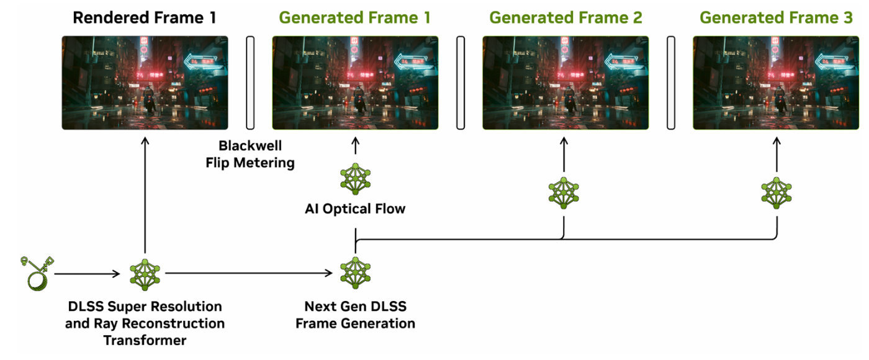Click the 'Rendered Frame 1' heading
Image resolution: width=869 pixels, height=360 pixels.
(x=145, y=17)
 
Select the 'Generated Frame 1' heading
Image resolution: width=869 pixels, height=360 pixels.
(x=354, y=17)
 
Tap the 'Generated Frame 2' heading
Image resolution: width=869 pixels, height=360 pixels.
(x=565, y=17)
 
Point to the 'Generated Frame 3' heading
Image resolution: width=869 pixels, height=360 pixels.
(x=776, y=17)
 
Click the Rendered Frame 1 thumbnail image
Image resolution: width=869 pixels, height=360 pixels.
(x=145, y=83)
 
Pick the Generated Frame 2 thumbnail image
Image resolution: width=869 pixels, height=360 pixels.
(x=565, y=83)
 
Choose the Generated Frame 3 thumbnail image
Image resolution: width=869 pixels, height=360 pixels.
(x=776, y=83)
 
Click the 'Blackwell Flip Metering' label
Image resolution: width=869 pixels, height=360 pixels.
(x=250, y=155)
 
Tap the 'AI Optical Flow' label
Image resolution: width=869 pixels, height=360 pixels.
(x=354, y=209)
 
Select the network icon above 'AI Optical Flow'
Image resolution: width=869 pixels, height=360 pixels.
(x=354, y=179)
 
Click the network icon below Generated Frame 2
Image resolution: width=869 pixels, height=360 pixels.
(x=564, y=192)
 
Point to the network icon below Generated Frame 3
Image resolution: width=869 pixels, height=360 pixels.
(x=776, y=192)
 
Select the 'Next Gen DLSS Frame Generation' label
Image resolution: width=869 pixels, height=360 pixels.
(x=354, y=315)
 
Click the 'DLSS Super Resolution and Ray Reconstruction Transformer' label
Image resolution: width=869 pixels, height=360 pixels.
(x=145, y=323)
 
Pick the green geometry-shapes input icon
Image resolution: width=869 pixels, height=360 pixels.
(x=35, y=274)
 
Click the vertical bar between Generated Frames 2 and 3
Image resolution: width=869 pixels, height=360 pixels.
(x=671, y=83)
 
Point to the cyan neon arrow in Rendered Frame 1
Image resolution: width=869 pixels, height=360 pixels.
(x=202, y=60)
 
